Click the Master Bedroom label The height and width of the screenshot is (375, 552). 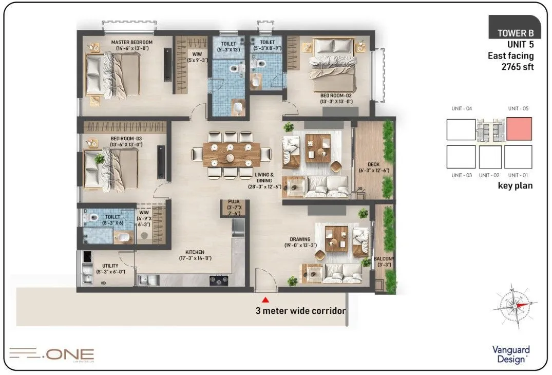click(132, 42)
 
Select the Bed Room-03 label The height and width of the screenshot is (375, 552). click(126, 138)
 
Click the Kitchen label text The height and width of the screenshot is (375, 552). click(195, 252)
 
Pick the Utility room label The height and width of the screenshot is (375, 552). click(110, 266)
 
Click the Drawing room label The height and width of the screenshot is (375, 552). click(300, 239)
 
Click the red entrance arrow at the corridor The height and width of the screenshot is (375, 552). click(265, 299)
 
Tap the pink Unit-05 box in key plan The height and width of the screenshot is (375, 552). click(519, 128)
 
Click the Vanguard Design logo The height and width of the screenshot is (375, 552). click(510, 354)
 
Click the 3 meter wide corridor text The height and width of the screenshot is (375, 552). click(300, 311)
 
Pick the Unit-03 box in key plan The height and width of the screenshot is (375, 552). click(461, 157)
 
